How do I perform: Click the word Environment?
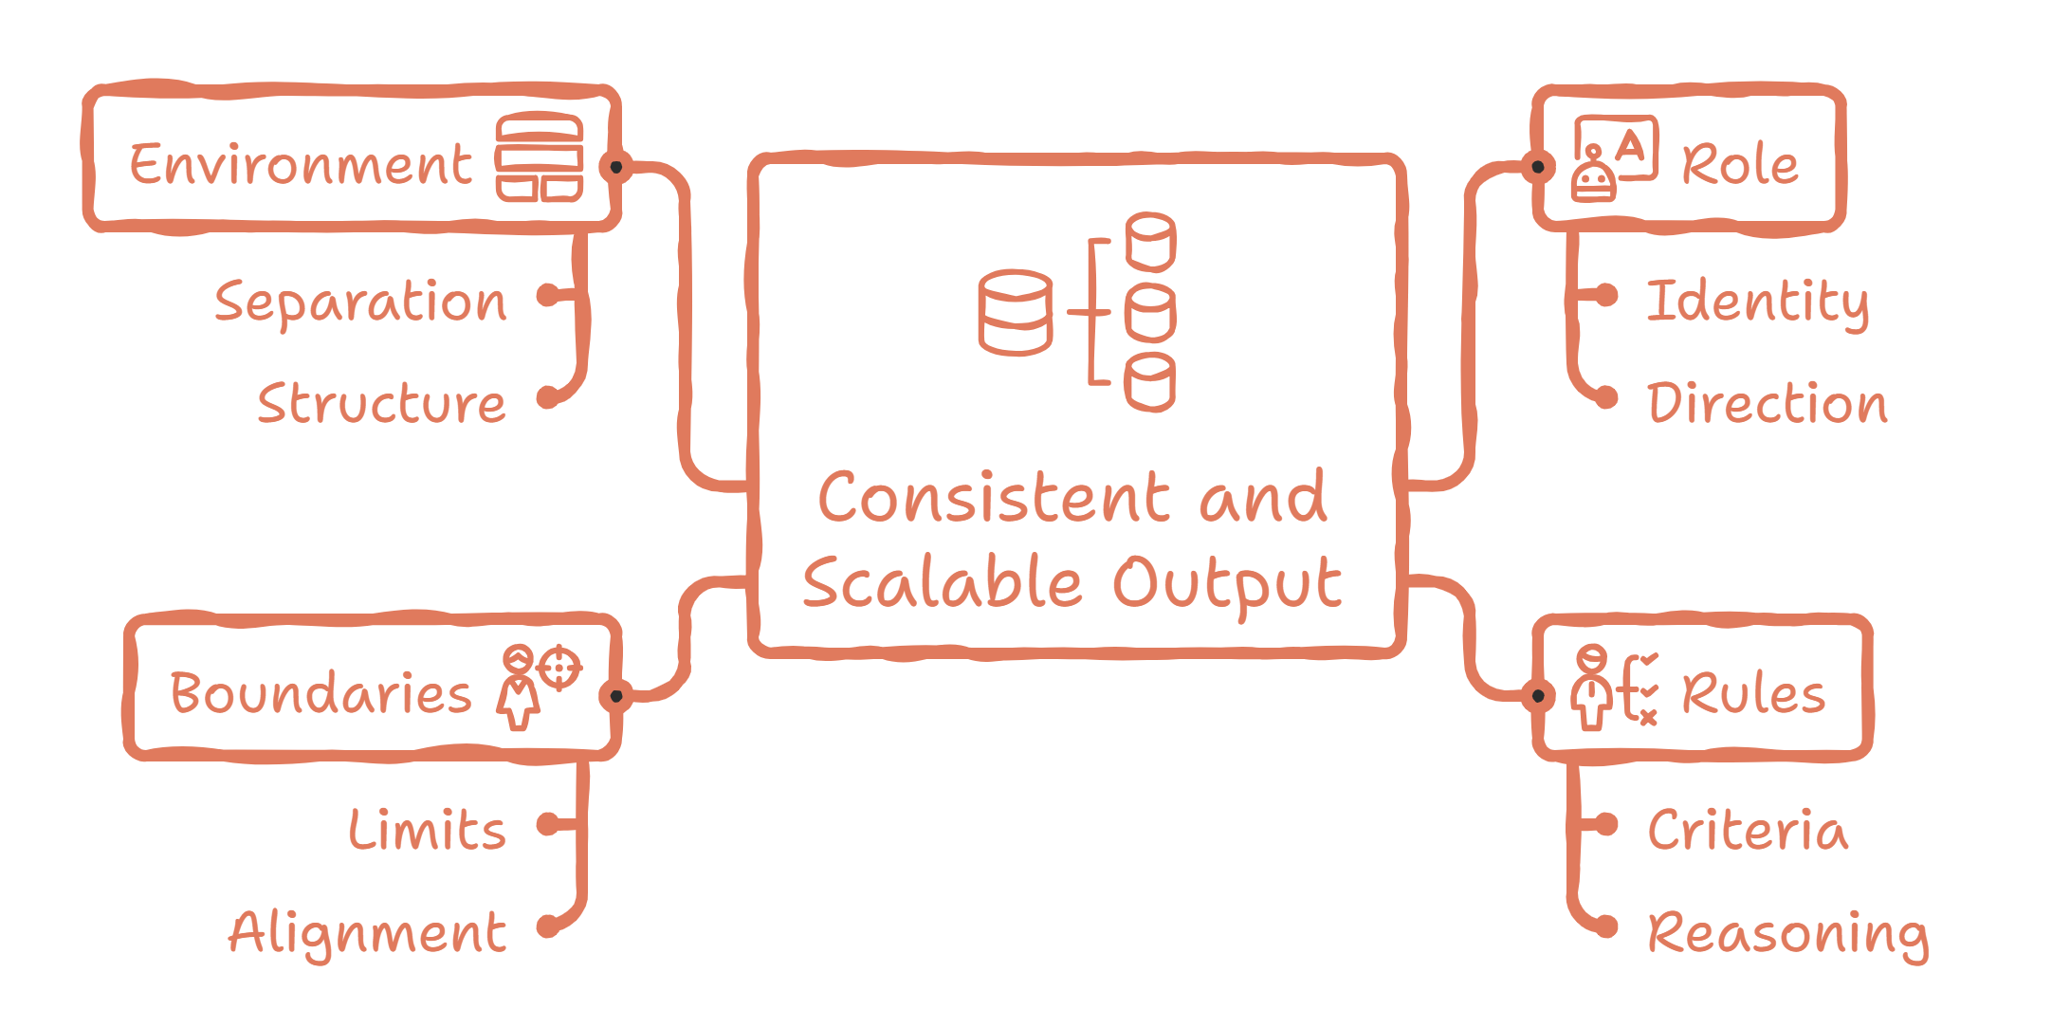(301, 165)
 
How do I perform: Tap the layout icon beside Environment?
(539, 157)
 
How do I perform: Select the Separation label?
(360, 303)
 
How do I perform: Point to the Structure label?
(381, 404)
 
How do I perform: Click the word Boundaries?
(321, 693)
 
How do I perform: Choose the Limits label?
(427, 831)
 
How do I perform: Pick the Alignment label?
(368, 933)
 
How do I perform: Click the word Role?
(1740, 165)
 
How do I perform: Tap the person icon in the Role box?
(1614, 159)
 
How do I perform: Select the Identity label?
(1757, 303)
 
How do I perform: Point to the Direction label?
(1768, 404)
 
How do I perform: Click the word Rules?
(1753, 693)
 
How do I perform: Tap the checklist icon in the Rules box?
(1614, 687)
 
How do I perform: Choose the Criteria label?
(1748, 831)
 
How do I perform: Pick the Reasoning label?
(1787, 933)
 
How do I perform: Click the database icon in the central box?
(1077, 312)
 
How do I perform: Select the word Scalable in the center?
(943, 582)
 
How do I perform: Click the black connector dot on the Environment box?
(616, 167)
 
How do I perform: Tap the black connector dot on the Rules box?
(1538, 696)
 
